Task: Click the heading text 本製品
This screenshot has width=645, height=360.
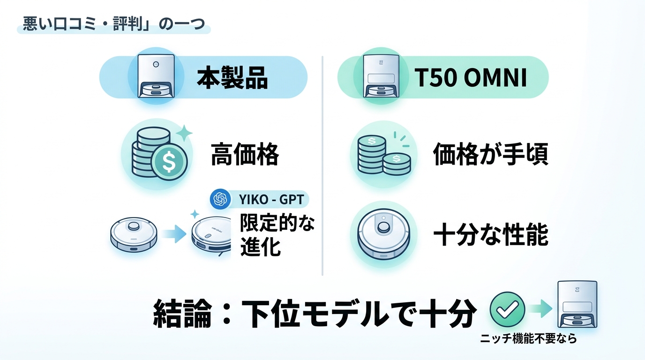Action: tap(232, 78)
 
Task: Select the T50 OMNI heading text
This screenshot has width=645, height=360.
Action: tap(471, 77)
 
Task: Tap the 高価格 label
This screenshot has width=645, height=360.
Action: tap(245, 154)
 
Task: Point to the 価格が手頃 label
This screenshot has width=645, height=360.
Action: tap(491, 154)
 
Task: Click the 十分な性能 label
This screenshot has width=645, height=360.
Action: tap(491, 234)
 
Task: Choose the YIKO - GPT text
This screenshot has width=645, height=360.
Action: tap(271, 199)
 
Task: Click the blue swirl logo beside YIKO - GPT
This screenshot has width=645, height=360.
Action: tap(220, 199)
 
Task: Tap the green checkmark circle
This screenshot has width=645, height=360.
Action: tap(507, 309)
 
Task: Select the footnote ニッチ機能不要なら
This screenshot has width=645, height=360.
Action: tap(528, 338)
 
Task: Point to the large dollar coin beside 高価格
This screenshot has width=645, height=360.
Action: tap(169, 162)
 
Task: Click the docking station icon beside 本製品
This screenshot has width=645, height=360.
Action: tap(156, 76)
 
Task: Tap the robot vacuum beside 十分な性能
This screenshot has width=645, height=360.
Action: tap(383, 234)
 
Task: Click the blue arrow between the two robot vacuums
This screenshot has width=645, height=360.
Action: tap(174, 234)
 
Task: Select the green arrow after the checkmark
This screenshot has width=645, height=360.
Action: tap(540, 308)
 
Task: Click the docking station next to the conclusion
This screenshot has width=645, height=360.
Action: tap(577, 304)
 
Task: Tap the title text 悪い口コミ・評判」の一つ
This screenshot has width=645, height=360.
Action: tap(114, 24)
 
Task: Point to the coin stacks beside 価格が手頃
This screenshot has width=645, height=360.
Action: tap(384, 155)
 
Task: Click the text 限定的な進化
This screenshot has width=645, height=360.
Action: tap(277, 234)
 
